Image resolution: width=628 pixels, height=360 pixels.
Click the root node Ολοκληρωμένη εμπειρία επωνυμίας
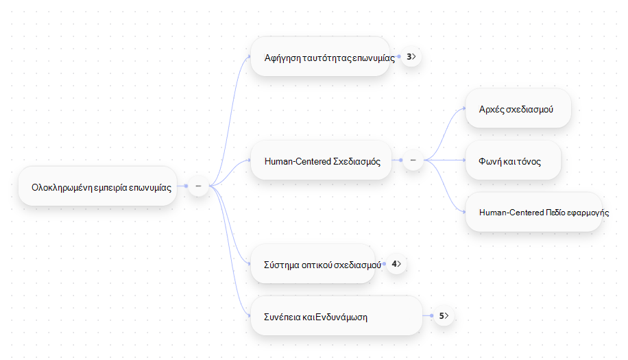coord(98,187)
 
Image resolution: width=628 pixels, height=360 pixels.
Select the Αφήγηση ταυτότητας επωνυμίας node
coord(320,56)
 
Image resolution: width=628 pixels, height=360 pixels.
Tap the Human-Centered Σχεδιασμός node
coord(322,160)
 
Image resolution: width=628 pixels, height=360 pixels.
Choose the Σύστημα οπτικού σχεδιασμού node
coord(313,264)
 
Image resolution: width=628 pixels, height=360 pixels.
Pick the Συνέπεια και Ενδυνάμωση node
coord(337,316)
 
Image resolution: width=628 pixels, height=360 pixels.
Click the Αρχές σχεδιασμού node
coord(518,108)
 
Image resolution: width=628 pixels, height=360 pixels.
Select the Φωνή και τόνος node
coord(514,160)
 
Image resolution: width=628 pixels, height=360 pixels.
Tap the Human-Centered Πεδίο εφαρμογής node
coord(534,213)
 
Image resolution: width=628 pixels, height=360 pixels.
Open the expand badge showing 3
coord(411,57)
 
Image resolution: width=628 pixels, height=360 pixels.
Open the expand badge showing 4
coord(396,264)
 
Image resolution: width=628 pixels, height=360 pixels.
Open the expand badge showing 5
coord(444,316)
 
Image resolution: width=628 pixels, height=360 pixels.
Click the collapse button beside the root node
coord(198,187)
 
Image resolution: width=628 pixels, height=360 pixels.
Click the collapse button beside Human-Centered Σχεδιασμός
coord(413,160)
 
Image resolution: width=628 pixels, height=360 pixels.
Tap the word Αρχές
coord(492,109)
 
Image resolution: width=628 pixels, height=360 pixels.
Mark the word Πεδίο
coord(555,213)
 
